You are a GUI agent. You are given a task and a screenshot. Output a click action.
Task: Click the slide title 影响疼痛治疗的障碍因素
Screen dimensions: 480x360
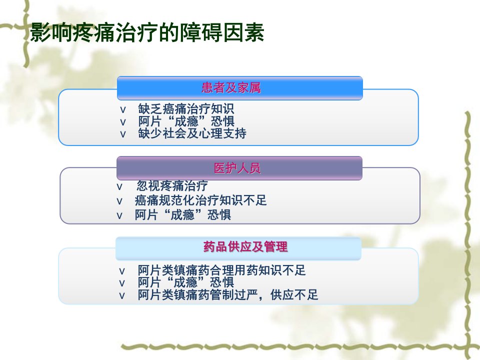tap(147, 32)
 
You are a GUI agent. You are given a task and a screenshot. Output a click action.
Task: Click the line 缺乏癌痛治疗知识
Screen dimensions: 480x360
tap(186, 109)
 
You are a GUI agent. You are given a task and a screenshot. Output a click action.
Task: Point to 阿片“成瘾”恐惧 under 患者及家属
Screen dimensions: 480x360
tap(186, 121)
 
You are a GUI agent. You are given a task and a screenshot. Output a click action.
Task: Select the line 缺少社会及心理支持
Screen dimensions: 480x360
tap(192, 133)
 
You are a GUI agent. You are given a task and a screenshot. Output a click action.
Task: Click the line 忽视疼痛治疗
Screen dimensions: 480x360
tap(172, 185)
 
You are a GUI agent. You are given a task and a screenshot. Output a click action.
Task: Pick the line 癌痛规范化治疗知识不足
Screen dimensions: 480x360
tap(201, 200)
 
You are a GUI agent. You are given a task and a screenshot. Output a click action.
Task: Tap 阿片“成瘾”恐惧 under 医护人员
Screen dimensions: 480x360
tap(183, 214)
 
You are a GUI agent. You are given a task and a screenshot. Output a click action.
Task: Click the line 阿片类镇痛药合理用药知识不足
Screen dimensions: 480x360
tap(221, 270)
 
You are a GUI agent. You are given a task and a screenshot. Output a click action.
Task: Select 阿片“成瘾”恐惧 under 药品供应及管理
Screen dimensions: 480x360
tap(186, 282)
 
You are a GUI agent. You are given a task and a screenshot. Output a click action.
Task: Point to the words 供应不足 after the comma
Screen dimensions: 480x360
tap(294, 295)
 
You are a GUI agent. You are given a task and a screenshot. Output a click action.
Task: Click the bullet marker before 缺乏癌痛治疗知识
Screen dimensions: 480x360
tap(123, 110)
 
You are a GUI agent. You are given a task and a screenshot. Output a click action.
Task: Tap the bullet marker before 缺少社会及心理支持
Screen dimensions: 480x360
tap(123, 134)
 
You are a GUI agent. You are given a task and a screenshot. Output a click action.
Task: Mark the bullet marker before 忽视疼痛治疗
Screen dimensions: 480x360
tap(119, 186)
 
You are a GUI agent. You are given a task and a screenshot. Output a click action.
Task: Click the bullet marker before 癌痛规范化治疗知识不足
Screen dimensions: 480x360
tap(119, 201)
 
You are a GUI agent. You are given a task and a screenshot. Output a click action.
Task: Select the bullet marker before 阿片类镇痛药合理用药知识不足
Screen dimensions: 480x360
tap(122, 271)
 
